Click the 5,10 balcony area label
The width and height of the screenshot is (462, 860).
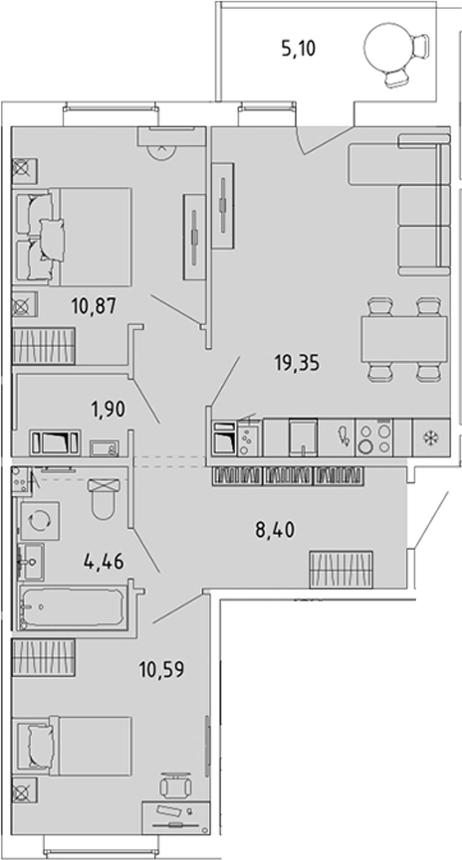pyautogui.click(x=299, y=50)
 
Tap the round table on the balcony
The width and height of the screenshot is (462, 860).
pyautogui.click(x=386, y=49)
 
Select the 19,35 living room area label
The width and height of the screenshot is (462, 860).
pyautogui.click(x=296, y=363)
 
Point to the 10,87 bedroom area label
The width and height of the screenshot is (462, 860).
pyautogui.click(x=94, y=305)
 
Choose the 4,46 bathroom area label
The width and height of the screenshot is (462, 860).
pyautogui.click(x=104, y=562)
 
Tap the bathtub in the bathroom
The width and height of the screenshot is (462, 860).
pyautogui.click(x=72, y=607)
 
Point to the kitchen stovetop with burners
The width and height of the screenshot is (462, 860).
pyautogui.click(x=374, y=437)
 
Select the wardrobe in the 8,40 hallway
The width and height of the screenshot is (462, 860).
pyautogui.click(x=342, y=569)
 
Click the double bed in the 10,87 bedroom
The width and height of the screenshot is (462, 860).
pyautogui.click(x=74, y=237)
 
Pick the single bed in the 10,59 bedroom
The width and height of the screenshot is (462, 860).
pyautogui.click(x=74, y=746)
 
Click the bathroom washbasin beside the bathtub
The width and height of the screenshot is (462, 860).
pyautogui.click(x=31, y=562)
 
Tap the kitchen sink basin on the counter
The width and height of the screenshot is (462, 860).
pyautogui.click(x=304, y=437)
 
